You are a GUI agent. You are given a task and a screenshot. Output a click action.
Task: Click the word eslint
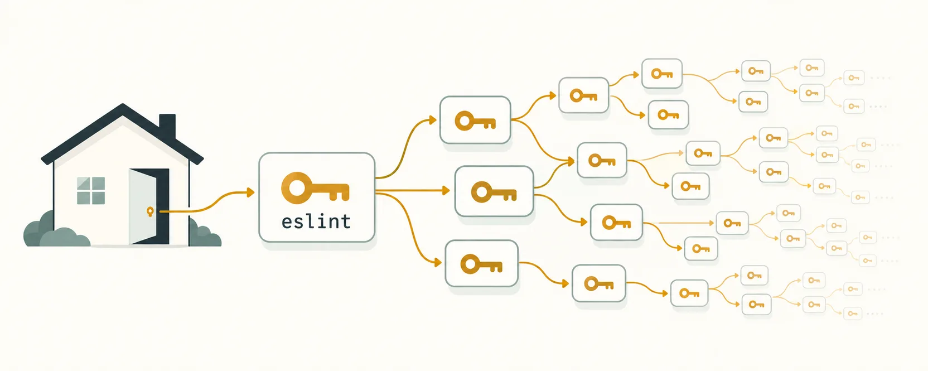(316, 222)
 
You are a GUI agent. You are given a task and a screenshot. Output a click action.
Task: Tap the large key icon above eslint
(315, 188)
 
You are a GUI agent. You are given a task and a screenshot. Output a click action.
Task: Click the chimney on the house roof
(167, 127)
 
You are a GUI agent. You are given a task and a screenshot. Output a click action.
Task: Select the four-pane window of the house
(91, 191)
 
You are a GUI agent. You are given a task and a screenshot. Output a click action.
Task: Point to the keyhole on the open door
(150, 212)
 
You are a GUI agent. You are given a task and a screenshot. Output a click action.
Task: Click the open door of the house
(143, 206)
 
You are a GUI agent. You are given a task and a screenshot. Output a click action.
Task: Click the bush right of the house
(205, 234)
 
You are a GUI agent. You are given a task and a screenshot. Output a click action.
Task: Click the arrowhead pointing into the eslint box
(250, 192)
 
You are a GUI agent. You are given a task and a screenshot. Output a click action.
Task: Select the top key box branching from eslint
(475, 120)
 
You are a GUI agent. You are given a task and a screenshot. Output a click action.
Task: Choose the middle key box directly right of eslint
(494, 191)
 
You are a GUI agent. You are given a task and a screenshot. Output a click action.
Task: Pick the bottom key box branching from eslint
(481, 264)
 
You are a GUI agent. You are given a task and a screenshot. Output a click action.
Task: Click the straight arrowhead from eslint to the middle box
(446, 191)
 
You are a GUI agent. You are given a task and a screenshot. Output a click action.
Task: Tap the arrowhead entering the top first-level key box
(433, 120)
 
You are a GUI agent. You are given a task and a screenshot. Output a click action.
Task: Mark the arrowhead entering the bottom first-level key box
(437, 262)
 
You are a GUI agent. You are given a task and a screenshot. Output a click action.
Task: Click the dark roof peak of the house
(123, 106)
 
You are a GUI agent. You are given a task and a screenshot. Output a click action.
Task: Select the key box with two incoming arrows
(602, 160)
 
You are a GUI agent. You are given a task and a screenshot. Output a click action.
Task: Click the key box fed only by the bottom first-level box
(598, 283)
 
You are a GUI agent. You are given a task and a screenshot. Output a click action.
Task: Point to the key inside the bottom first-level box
(481, 265)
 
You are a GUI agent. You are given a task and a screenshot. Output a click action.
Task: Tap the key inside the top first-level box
(475, 121)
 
